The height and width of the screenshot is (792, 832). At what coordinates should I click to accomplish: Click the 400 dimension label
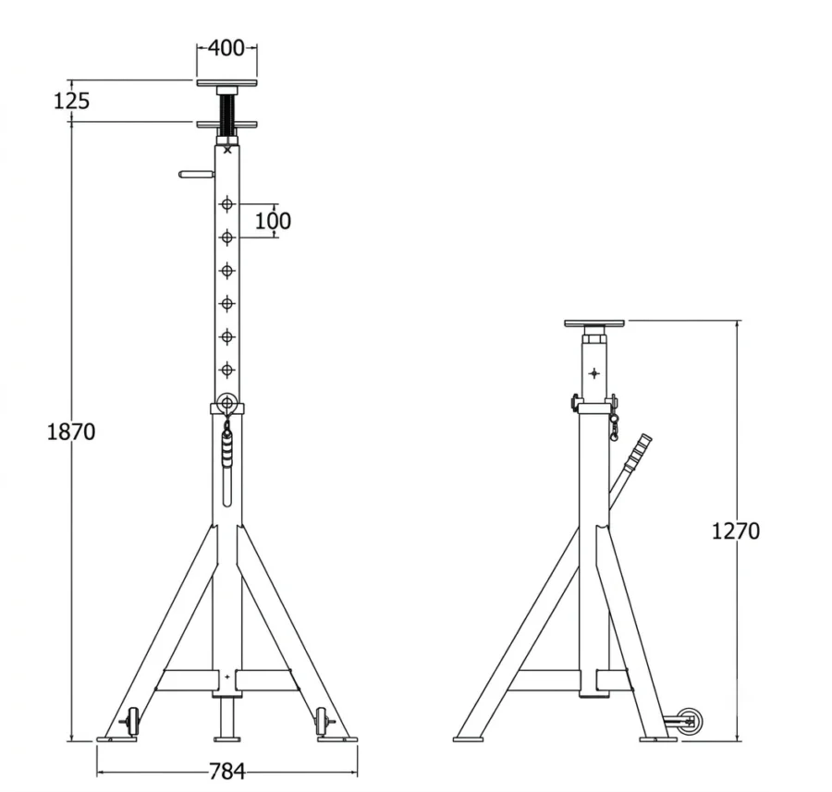point(226,48)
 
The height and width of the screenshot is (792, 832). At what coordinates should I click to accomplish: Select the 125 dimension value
point(71,101)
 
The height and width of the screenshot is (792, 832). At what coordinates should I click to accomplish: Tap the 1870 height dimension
point(71,432)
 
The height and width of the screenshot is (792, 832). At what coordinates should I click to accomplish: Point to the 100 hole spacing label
point(273,221)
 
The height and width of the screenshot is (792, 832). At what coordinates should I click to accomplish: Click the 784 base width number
point(227,772)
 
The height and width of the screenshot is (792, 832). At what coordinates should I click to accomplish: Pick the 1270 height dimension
point(736,531)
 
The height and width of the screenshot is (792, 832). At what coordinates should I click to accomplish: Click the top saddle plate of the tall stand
point(227,83)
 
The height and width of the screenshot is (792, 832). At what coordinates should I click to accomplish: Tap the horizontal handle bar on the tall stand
point(197,174)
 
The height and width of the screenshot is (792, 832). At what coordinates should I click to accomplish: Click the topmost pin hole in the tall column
point(227,203)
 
